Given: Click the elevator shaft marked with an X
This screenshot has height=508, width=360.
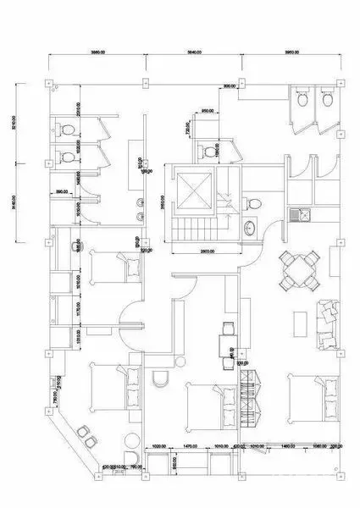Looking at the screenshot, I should (195, 190).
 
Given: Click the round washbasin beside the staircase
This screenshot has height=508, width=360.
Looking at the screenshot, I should (249, 229).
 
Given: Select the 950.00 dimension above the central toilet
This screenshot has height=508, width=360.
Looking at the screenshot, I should (206, 111).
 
